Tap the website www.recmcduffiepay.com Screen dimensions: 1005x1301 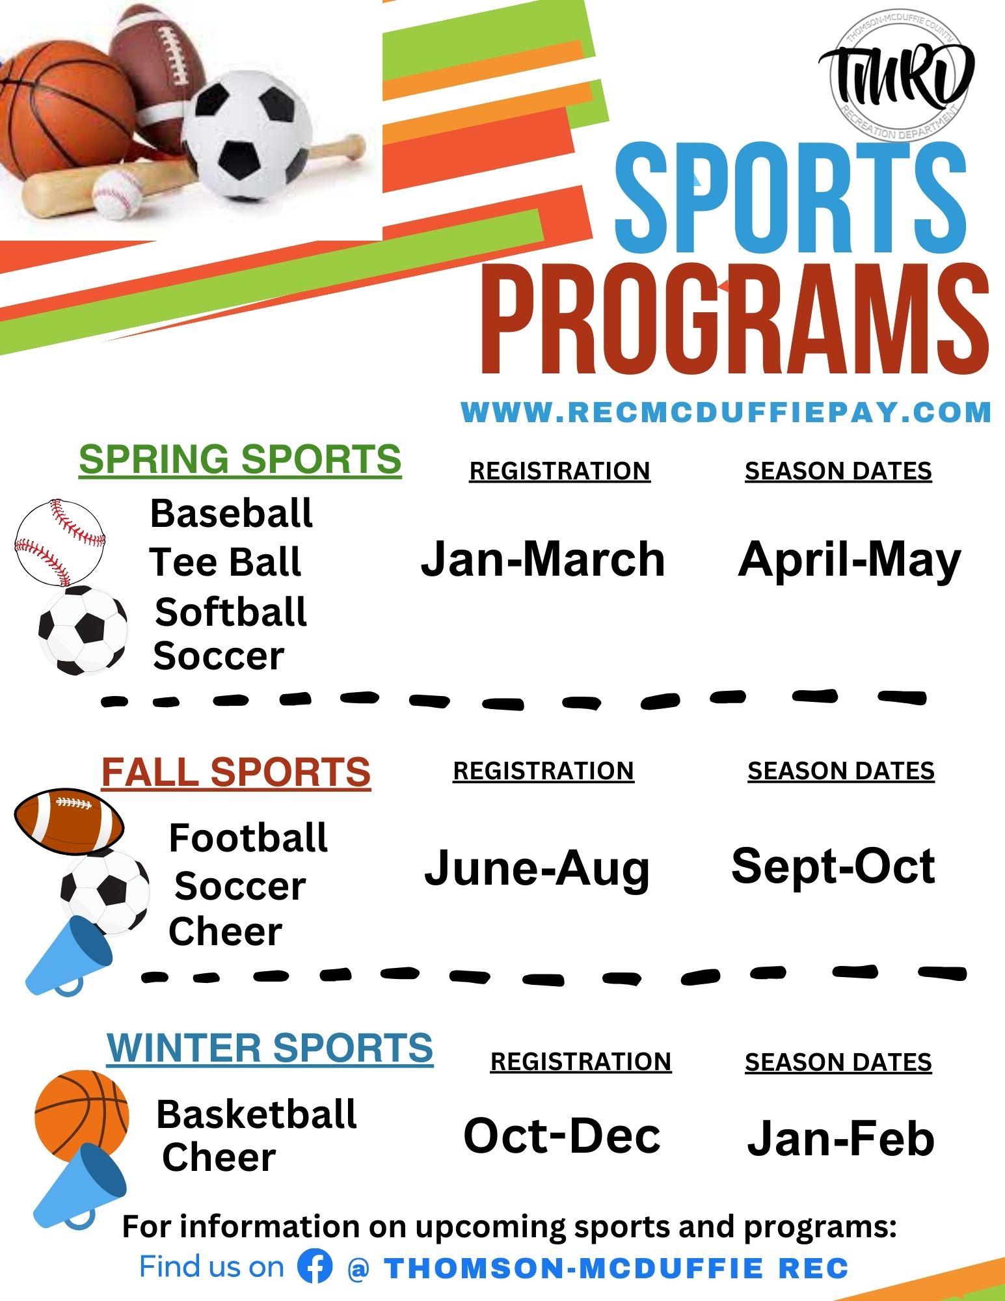(726, 412)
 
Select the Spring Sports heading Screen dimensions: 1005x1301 (240, 460)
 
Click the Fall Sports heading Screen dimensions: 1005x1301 (236, 773)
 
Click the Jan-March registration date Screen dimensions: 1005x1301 (543, 559)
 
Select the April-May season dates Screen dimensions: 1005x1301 (850, 561)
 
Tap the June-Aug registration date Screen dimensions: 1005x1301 (537, 869)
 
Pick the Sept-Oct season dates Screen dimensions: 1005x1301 (833, 866)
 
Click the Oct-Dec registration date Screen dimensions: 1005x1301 (562, 1136)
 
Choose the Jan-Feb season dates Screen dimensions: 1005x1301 (840, 1139)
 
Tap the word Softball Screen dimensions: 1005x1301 (231, 612)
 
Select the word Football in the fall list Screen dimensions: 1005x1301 (248, 837)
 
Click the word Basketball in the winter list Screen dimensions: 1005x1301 (256, 1114)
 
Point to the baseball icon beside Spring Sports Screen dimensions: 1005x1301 (59, 543)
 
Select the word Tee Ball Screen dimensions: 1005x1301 (225, 562)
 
